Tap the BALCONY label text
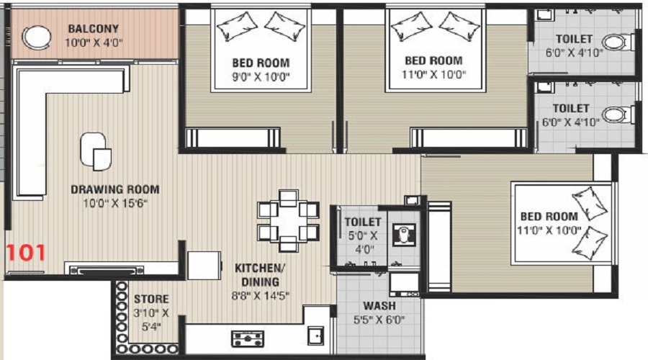(x=94, y=29)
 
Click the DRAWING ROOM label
(x=115, y=190)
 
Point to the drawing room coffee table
(x=96, y=150)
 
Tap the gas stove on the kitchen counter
(x=248, y=337)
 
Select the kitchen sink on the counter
(x=315, y=336)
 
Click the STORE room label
(x=151, y=299)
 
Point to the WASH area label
(x=379, y=306)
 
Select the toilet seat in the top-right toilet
(x=614, y=42)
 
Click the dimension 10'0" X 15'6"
(x=115, y=203)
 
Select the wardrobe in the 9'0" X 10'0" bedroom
(x=232, y=137)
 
